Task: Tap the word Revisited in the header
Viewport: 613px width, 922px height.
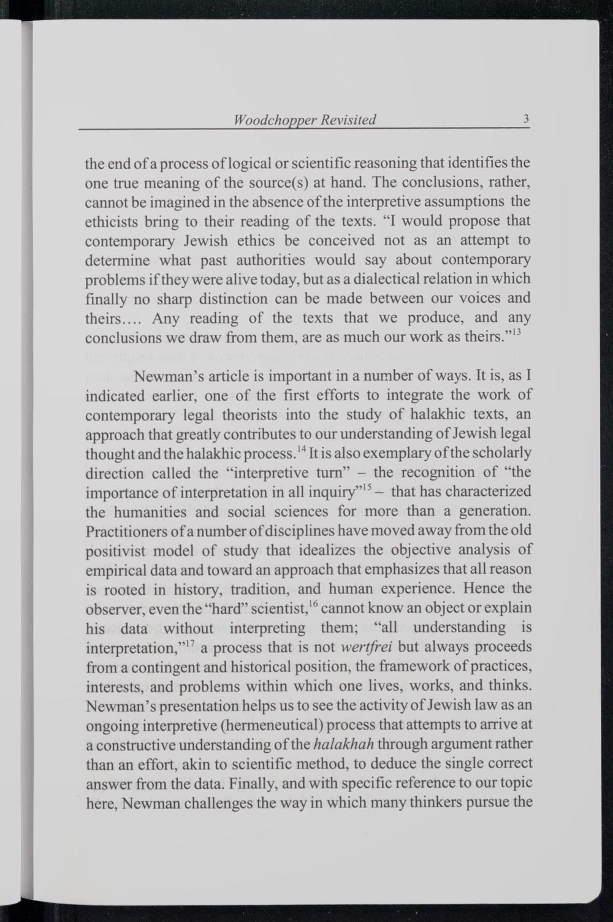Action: coord(347,120)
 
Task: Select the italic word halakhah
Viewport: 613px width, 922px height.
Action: coord(344,745)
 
